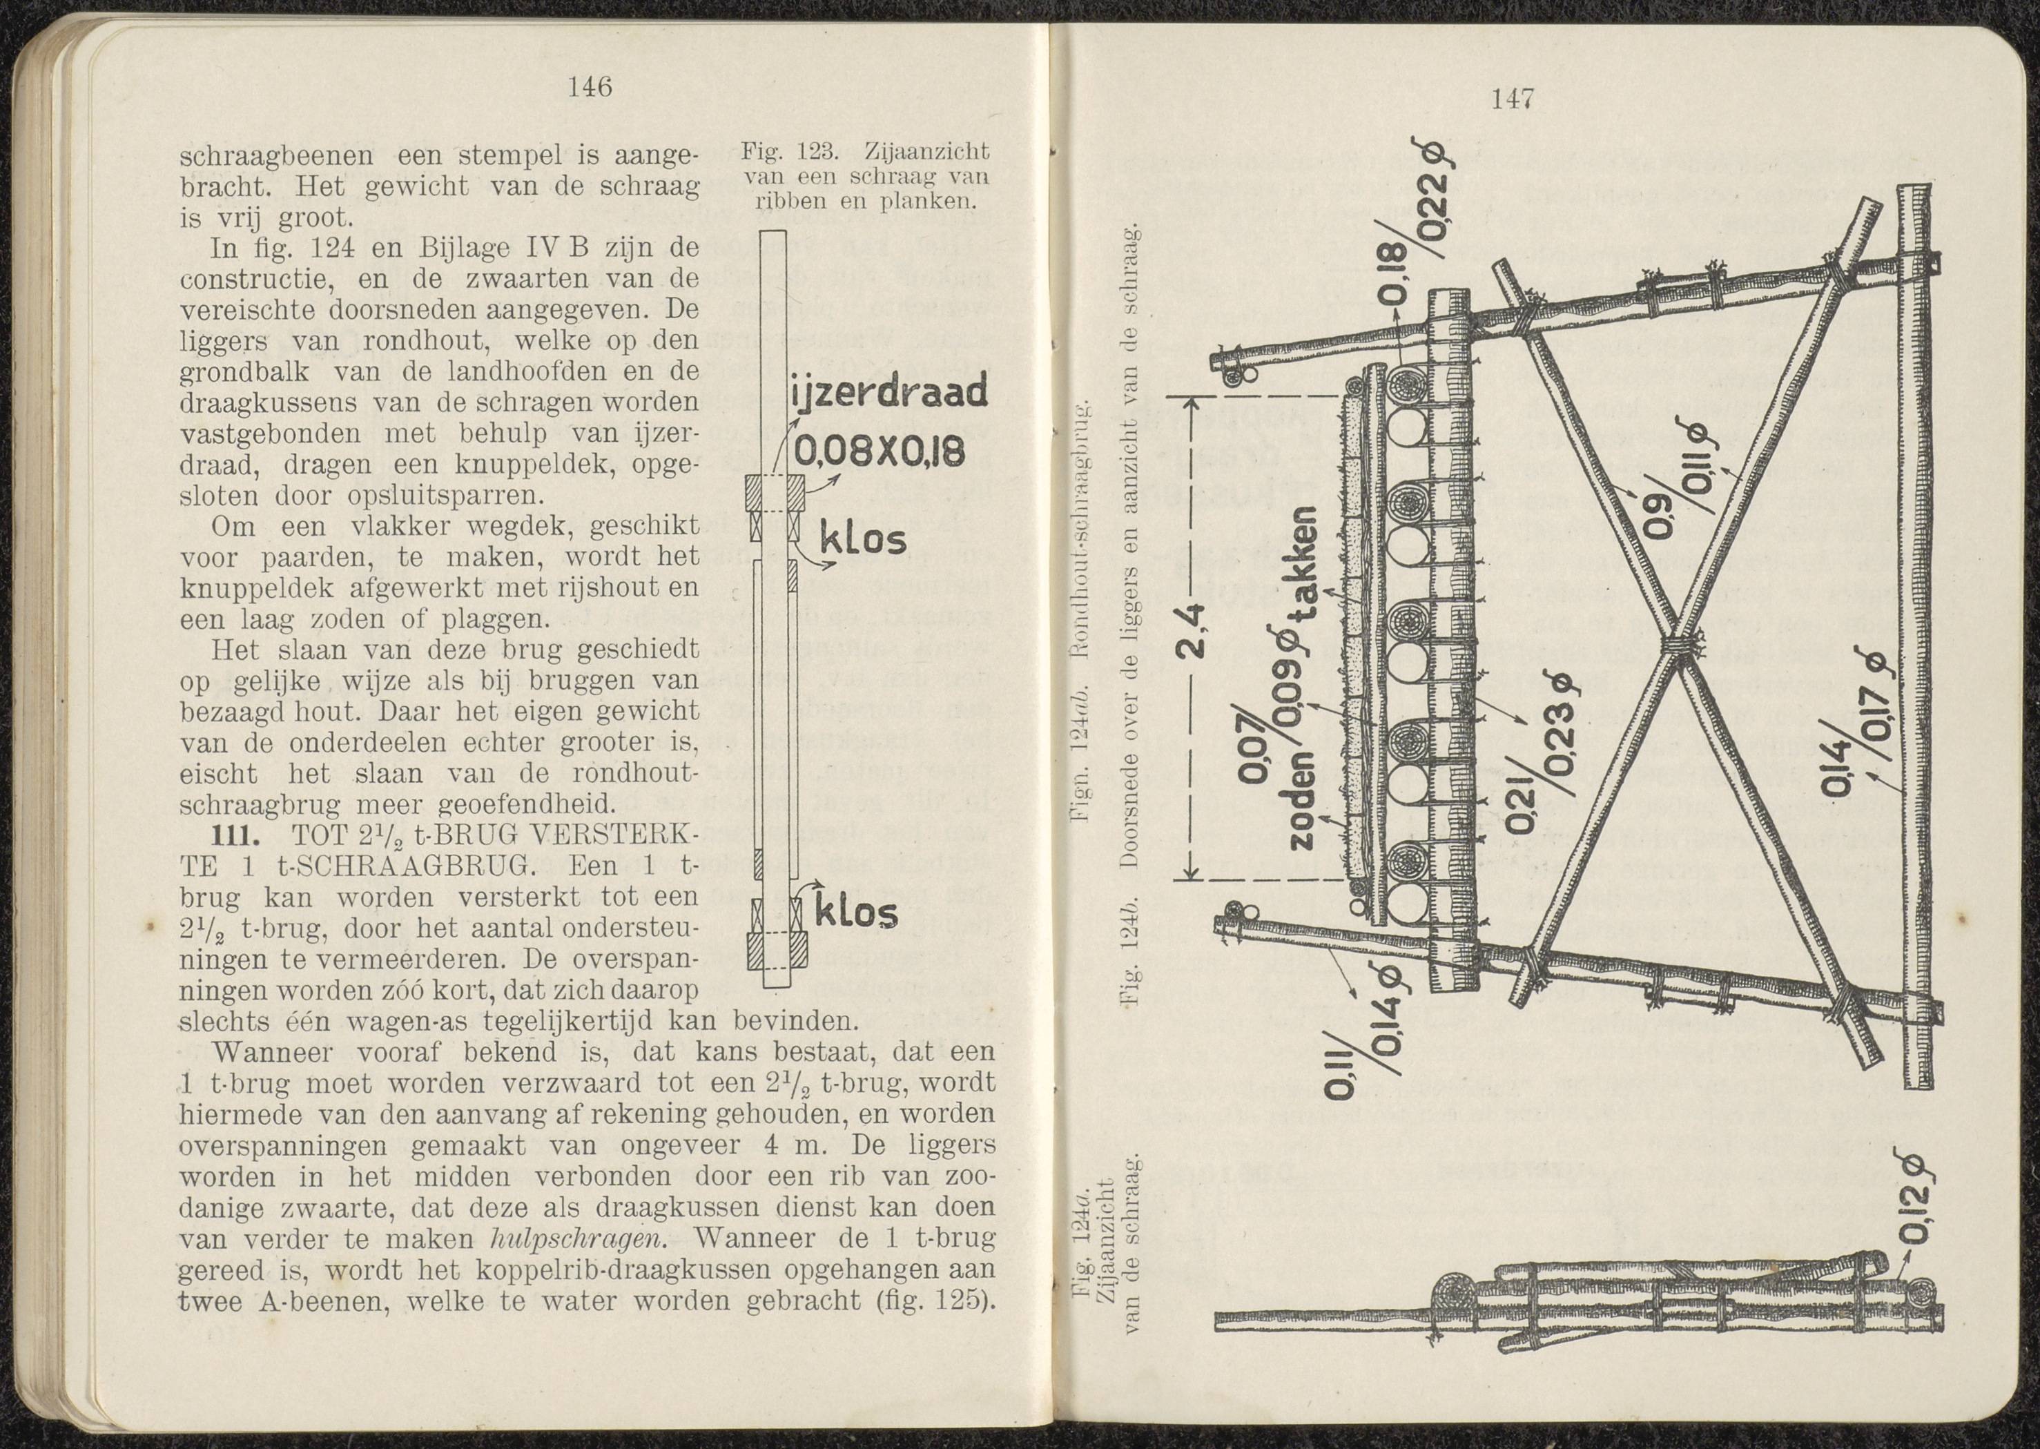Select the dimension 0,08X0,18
click(879, 455)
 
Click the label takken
click(1305, 558)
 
